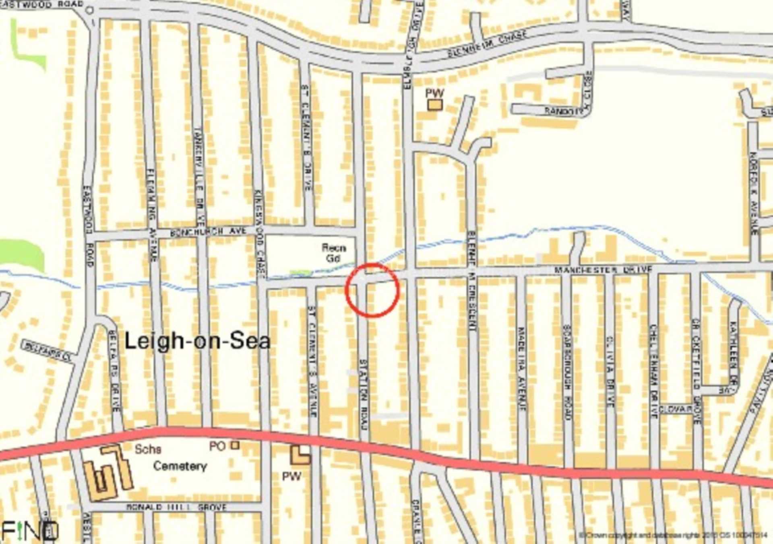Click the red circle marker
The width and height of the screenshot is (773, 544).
tap(372, 290)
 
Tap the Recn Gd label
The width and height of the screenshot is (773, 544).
tap(334, 253)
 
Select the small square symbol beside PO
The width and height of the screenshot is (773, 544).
tap(235, 445)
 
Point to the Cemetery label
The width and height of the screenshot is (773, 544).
tap(180, 466)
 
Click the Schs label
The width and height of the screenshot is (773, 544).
tap(148, 449)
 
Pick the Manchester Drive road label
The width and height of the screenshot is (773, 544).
tap(603, 270)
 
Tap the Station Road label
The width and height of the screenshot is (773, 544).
tap(364, 394)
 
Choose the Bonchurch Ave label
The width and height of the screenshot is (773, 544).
tap(208, 232)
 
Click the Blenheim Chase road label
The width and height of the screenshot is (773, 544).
tap(487, 44)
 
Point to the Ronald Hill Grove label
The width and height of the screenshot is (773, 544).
tap(176, 507)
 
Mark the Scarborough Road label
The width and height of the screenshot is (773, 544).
tap(567, 372)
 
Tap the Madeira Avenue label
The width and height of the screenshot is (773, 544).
tap(522, 368)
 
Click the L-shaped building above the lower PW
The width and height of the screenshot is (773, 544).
tap(300, 455)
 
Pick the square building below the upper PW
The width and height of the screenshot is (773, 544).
tap(435, 105)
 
